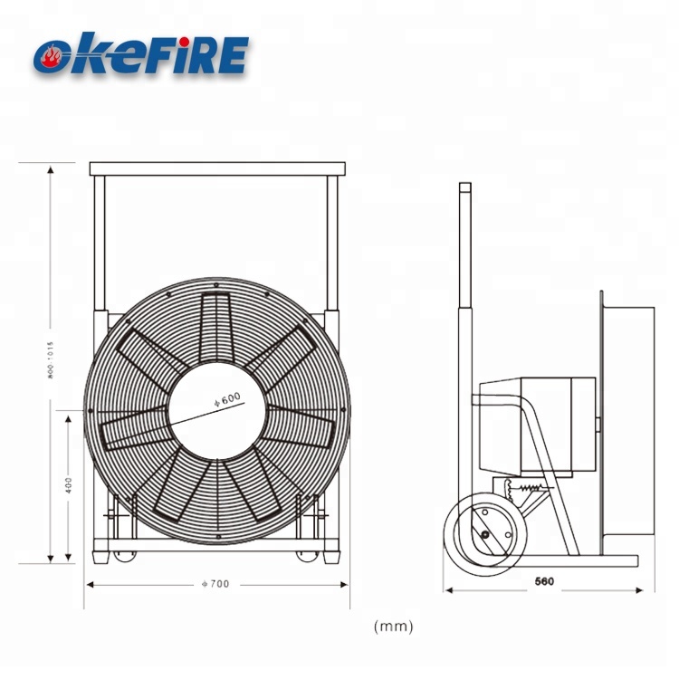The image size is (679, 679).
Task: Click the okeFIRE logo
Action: click(x=140, y=53)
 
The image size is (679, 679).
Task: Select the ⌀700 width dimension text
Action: click(x=215, y=584)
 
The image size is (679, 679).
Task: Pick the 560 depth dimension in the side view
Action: click(x=544, y=580)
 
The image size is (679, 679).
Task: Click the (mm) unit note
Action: click(x=393, y=626)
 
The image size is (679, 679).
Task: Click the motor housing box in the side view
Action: click(x=536, y=426)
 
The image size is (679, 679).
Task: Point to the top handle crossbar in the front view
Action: click(x=218, y=168)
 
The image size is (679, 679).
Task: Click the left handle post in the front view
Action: click(x=100, y=244)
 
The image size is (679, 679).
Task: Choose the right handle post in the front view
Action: click(x=333, y=244)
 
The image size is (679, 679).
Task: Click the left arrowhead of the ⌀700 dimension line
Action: click(x=90, y=584)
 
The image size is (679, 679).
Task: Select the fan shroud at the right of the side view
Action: click(x=627, y=426)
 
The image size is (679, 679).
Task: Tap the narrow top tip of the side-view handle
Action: click(x=464, y=187)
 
